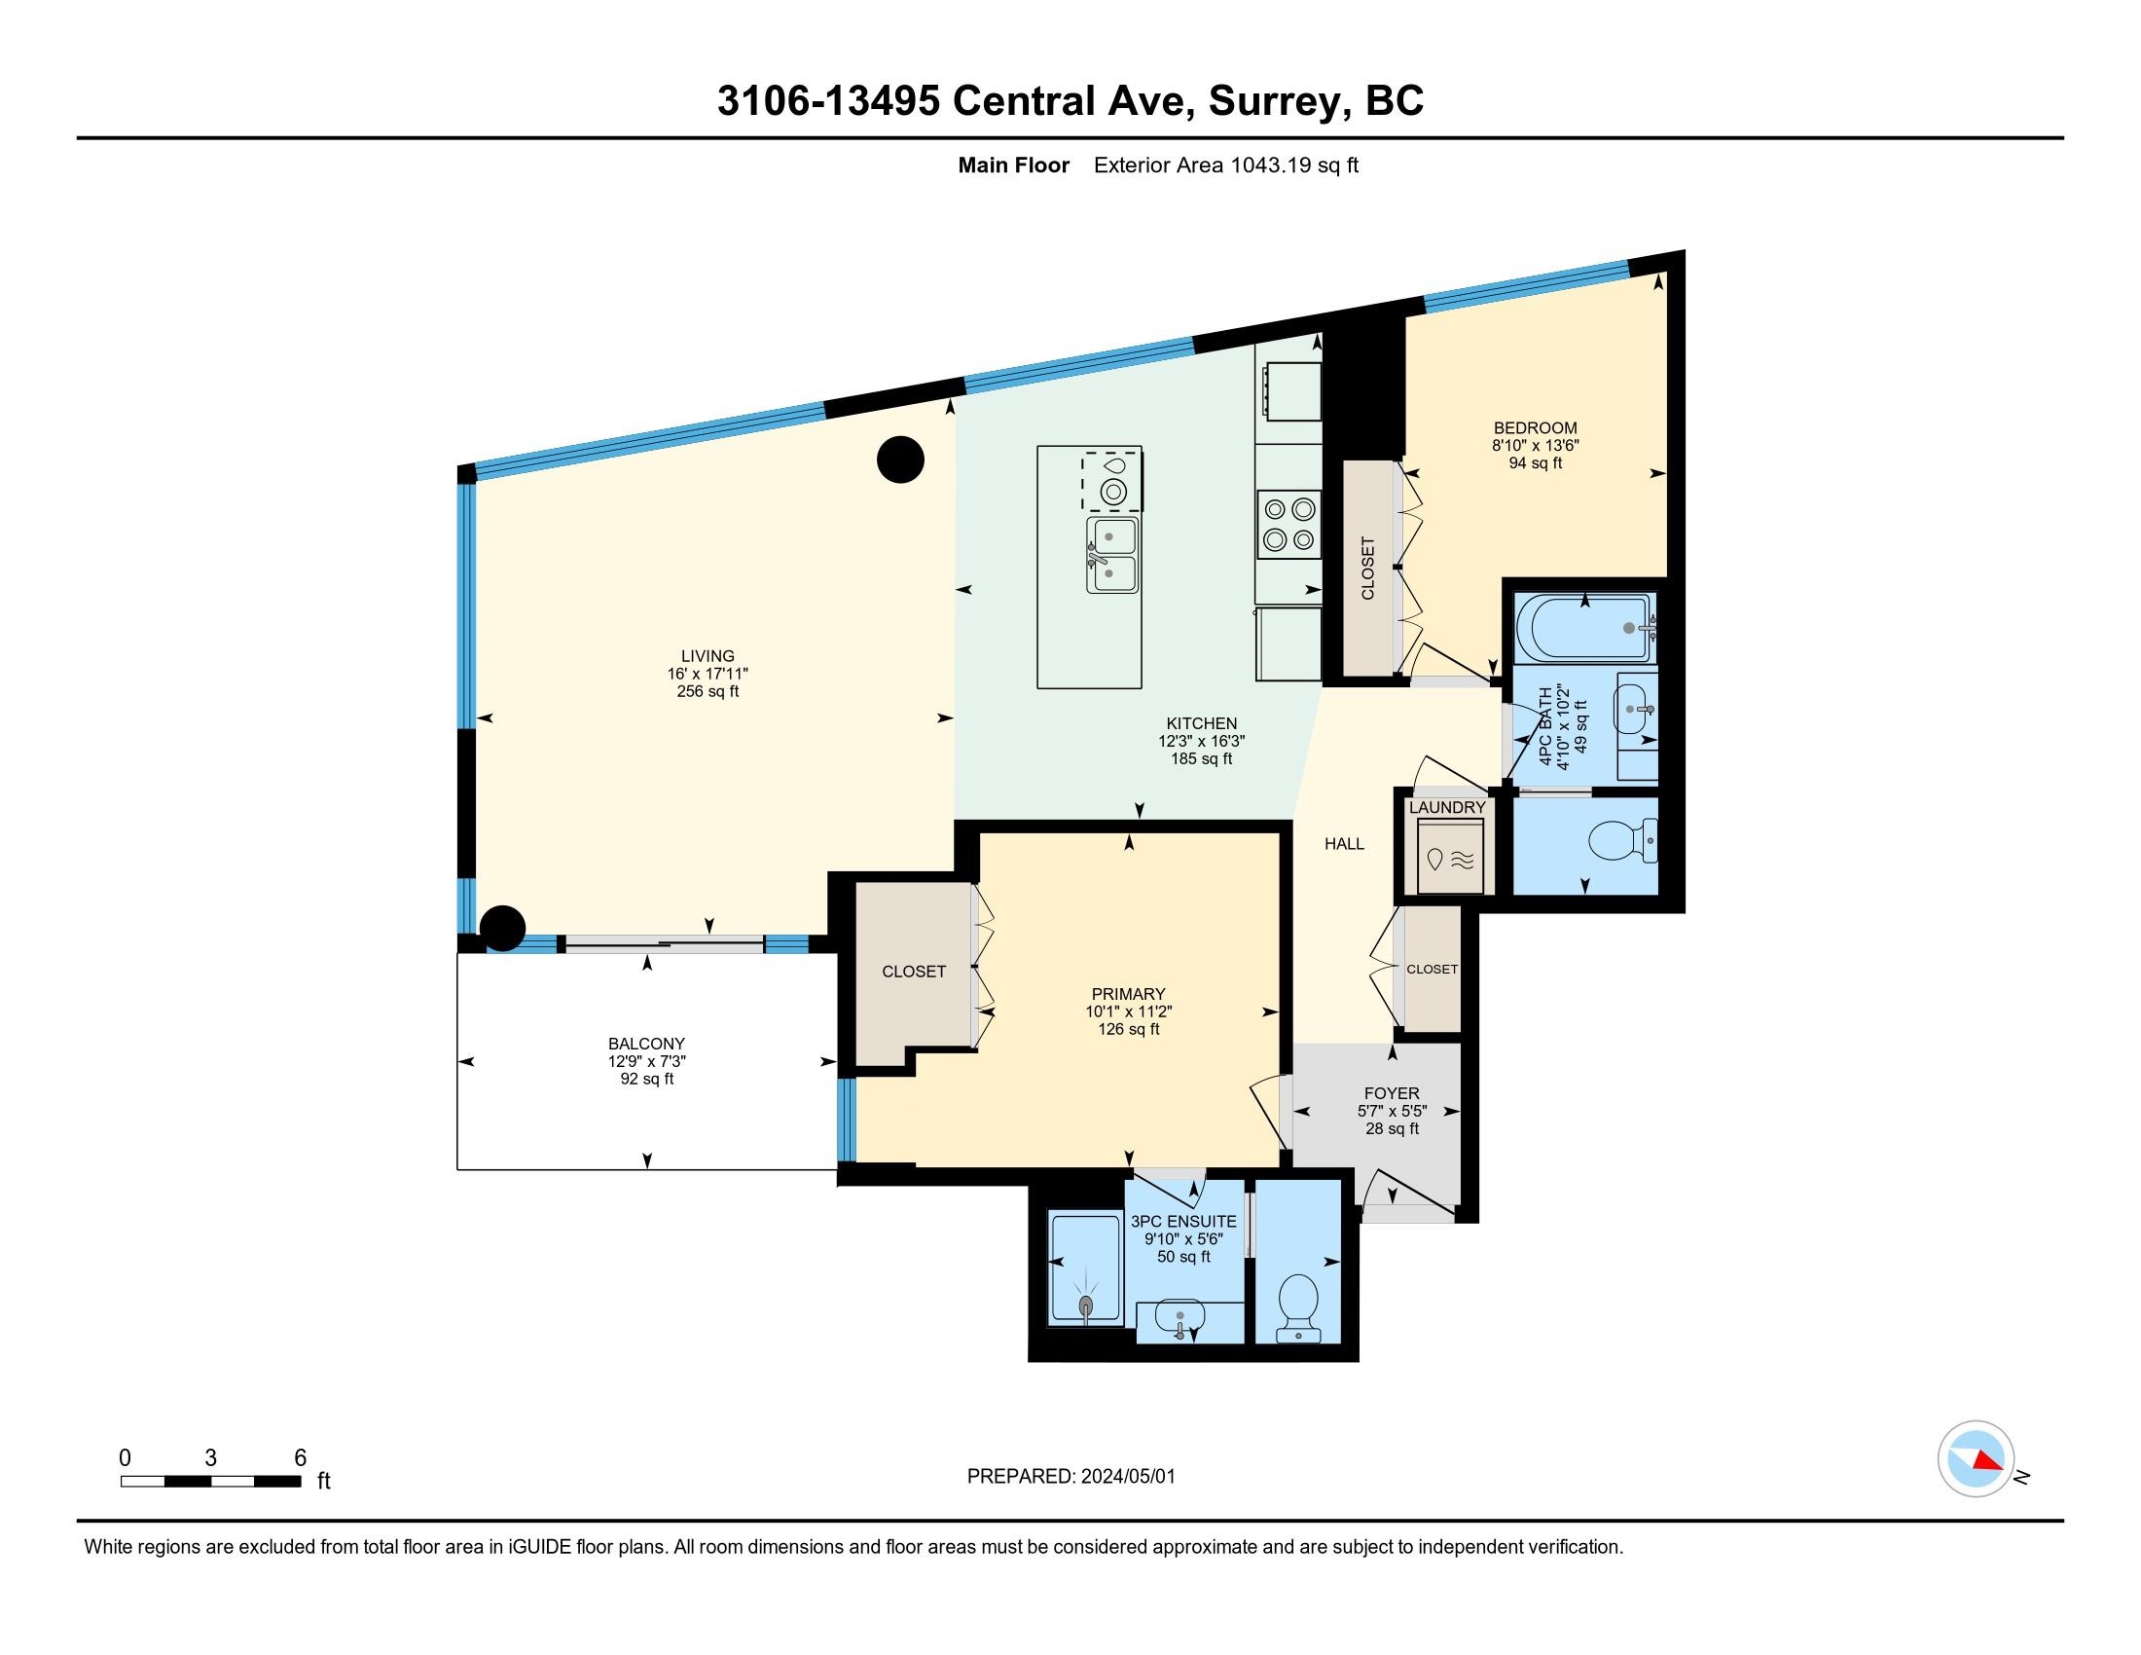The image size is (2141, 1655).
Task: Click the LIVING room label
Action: pos(708,656)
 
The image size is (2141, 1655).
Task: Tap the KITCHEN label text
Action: pos(1201,723)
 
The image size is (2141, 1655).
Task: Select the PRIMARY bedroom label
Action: pos(1128,994)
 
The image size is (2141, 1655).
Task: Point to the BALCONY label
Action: pos(646,1045)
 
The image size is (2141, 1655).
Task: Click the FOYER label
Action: pos(1392,1093)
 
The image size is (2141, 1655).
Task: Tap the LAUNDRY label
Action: pos(1447,808)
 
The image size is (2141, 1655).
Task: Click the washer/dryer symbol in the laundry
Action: pos(1451,856)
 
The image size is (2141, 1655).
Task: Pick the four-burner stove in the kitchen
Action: pos(1289,524)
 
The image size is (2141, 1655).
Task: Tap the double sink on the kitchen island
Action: pos(1111,555)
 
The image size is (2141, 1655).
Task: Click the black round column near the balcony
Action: pos(502,928)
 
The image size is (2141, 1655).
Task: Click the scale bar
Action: pos(211,1481)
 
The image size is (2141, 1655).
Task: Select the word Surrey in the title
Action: pos(1273,101)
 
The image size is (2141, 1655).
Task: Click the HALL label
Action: pos(1344,844)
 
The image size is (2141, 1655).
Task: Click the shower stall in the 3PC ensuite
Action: pos(1084,1270)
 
